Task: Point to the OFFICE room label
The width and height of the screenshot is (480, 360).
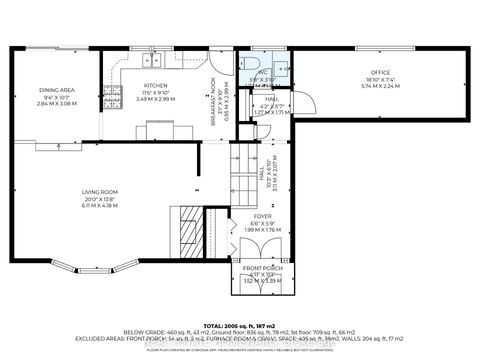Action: click(x=379, y=72)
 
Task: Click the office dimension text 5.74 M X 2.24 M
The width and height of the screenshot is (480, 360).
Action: click(x=379, y=86)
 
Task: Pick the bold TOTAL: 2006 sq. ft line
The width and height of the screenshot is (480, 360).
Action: click(x=240, y=326)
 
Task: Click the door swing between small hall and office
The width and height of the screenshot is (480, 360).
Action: click(x=304, y=104)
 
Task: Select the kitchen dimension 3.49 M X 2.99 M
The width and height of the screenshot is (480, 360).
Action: click(x=155, y=99)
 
